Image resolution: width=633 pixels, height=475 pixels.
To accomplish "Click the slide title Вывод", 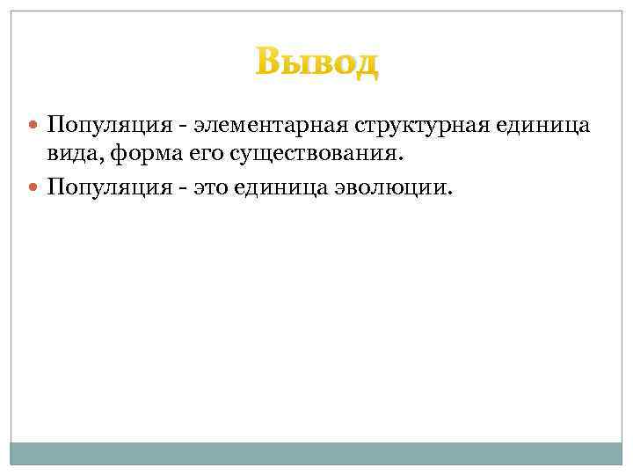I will tap(316, 63).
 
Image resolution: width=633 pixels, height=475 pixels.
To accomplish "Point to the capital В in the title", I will tap(267, 63).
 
